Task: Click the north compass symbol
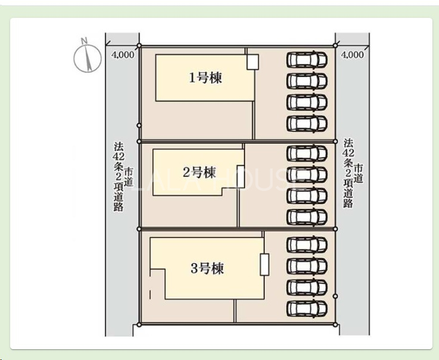pyautogui.click(x=87, y=59)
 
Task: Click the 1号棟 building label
pyautogui.click(x=206, y=78)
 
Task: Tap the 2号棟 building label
pyautogui.click(x=199, y=173)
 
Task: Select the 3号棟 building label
pyautogui.click(x=207, y=268)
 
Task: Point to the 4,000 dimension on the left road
pyautogui.click(x=122, y=55)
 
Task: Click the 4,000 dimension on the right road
pyautogui.click(x=352, y=55)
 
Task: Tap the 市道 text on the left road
pyautogui.click(x=128, y=177)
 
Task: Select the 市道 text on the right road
pyautogui.click(x=358, y=174)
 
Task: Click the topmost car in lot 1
pyautogui.click(x=307, y=59)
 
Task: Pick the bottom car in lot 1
pyautogui.click(x=307, y=123)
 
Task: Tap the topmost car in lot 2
pyautogui.click(x=307, y=153)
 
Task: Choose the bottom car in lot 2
pyautogui.click(x=307, y=217)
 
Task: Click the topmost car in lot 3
pyautogui.click(x=307, y=245)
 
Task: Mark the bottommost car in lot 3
pyautogui.click(x=307, y=308)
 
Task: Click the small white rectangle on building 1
pyautogui.click(x=252, y=62)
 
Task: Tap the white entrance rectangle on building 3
pyautogui.click(x=265, y=264)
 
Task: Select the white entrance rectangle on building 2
pyautogui.click(x=240, y=177)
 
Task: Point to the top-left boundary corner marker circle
pyautogui.click(x=139, y=45)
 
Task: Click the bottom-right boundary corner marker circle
pyautogui.click(x=335, y=324)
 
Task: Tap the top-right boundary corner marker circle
pyautogui.click(x=335, y=45)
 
